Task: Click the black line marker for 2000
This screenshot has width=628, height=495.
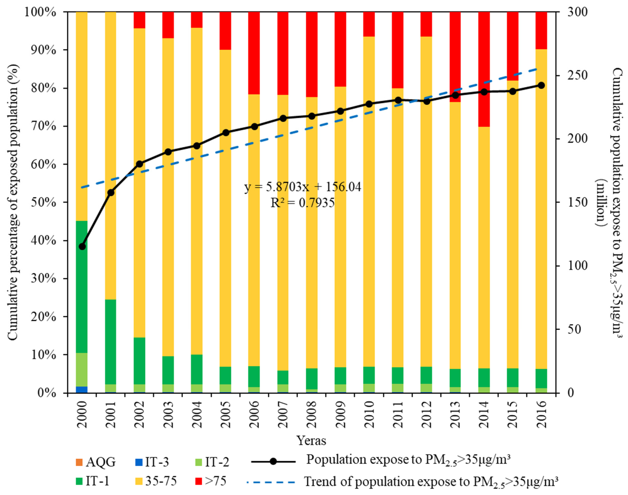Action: click(x=82, y=247)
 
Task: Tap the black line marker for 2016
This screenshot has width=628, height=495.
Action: click(x=541, y=85)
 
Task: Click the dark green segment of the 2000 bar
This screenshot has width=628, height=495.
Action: click(x=82, y=287)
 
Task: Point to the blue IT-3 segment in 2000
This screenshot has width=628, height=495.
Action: click(x=82, y=389)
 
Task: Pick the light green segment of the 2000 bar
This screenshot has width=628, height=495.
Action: click(x=82, y=370)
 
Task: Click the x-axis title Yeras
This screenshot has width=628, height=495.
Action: click(x=311, y=441)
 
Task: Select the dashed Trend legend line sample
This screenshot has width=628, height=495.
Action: click(x=271, y=483)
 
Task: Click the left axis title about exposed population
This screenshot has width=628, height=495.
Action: click(x=13, y=202)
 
